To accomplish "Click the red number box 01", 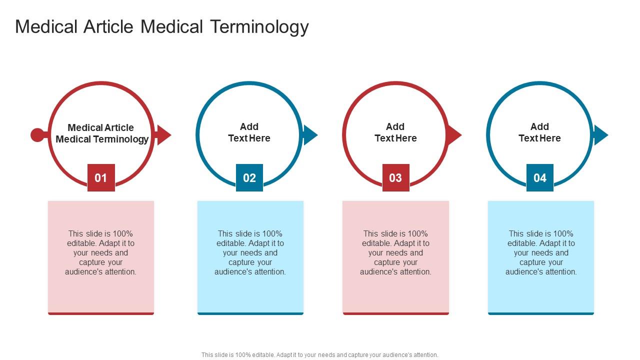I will (x=101, y=177).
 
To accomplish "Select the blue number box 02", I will (x=249, y=177).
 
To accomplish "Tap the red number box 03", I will (x=395, y=177).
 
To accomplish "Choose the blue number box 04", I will (x=539, y=177).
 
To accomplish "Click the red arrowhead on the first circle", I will (x=163, y=135).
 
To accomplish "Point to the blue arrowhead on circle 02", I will (x=309, y=135).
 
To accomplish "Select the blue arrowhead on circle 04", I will (x=600, y=135).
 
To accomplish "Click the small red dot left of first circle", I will (x=37, y=135).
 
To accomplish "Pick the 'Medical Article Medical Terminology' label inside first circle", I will (x=101, y=133).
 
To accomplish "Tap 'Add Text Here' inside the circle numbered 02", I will (x=249, y=132).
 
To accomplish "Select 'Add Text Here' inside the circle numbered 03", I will (x=395, y=132).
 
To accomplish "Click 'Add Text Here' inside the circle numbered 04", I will (x=539, y=132).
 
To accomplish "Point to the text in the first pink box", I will (x=101, y=252).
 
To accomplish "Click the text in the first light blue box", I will (x=250, y=252).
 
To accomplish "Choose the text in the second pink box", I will (x=395, y=252).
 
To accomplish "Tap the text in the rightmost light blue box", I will (x=541, y=252).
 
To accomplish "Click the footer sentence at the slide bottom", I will (x=320, y=355).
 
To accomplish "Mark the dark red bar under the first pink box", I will (x=101, y=313).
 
